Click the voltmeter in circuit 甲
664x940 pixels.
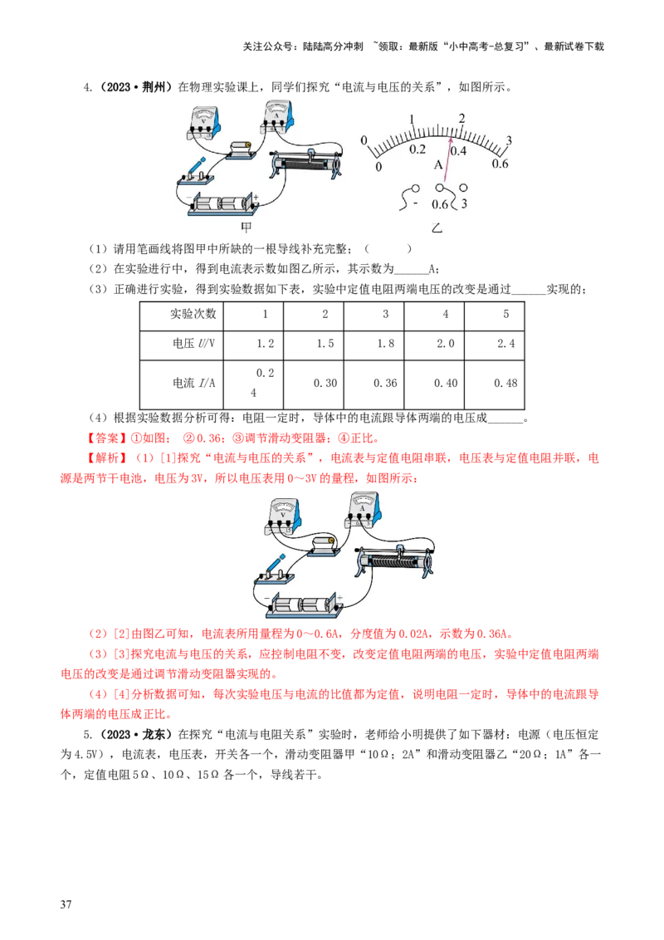point(203,121)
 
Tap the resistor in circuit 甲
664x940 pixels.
point(242,148)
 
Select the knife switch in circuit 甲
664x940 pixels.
point(195,172)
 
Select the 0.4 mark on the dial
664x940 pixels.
point(458,150)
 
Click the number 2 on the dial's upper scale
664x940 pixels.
point(462,119)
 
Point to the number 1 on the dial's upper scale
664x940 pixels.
point(412,119)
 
